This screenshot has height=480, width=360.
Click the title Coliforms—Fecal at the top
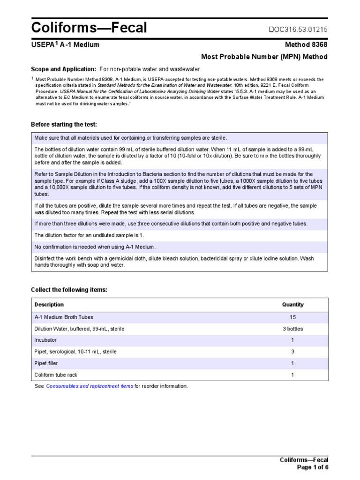point(89,28)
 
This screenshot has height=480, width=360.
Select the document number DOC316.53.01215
point(298,30)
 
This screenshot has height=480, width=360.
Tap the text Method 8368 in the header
point(306,45)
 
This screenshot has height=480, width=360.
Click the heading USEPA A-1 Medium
point(65,45)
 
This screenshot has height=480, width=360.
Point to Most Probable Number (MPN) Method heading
point(264,57)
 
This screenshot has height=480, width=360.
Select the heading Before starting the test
point(64,124)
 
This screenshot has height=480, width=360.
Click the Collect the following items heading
point(69,290)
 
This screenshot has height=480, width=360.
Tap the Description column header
point(49,305)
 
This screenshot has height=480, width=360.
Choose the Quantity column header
point(292,305)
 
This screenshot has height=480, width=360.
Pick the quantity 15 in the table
point(292,317)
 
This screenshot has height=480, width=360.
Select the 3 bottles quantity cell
point(292,329)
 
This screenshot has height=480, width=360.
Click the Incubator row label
point(45,340)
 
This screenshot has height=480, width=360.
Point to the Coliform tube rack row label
point(56,375)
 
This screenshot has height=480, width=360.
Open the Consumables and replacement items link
point(90,386)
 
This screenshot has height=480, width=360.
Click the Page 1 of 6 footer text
point(313,467)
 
